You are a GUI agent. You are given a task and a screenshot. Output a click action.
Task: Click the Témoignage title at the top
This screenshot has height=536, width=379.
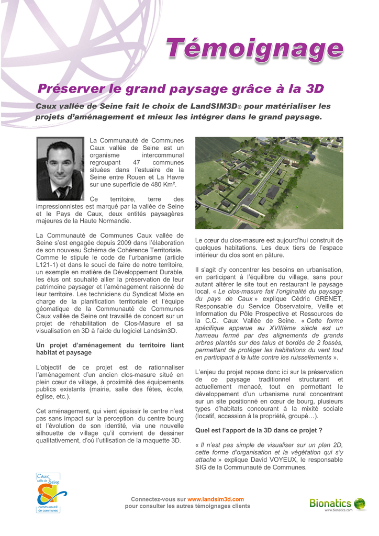click(x=255, y=50)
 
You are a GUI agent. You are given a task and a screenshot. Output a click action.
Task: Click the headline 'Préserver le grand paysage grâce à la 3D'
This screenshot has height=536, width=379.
click(x=181, y=89)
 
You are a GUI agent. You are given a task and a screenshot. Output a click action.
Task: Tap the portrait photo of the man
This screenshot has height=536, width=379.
click(x=60, y=168)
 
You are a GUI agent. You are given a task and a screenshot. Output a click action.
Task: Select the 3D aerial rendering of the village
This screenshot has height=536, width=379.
click(x=269, y=183)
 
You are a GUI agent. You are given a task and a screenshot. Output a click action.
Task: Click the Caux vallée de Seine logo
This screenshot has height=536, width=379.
click(x=51, y=493)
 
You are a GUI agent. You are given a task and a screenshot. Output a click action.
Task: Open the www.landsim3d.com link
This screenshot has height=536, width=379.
click(x=216, y=499)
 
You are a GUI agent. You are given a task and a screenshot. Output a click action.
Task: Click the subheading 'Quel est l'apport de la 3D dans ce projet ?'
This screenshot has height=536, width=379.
click(x=259, y=430)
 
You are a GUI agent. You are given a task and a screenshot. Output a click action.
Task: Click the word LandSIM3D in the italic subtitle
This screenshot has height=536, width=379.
click(x=214, y=106)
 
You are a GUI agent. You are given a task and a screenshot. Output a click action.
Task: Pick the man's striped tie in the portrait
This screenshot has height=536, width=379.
click(x=62, y=192)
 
